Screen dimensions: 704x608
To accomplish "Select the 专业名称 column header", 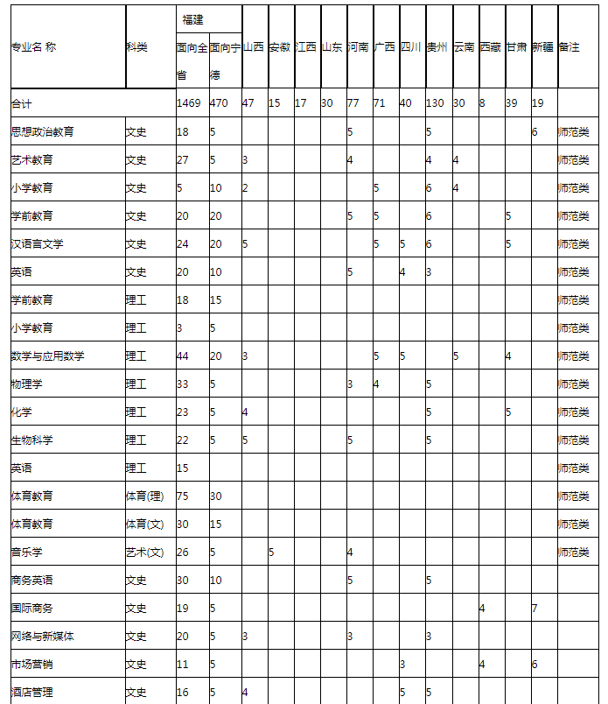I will pos(33,47).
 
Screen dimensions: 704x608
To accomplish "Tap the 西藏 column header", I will pos(491,47).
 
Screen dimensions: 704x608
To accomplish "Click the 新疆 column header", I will pos(543,47).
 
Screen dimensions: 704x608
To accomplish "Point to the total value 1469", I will pos(189,103).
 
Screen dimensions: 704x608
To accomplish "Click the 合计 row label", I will pos(21,103).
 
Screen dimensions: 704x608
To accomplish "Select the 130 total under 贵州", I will pos(435,103).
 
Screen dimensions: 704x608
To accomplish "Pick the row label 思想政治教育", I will pos(42,131).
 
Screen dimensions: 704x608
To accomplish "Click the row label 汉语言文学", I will pos(37,243).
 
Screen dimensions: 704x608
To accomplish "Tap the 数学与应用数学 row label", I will pos(47,356).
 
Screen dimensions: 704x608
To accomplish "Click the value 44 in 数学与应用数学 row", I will pos(183,356).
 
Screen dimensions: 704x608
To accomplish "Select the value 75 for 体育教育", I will pos(183,496).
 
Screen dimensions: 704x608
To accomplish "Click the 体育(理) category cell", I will pos(144,496).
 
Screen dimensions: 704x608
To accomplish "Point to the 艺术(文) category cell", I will pos(144,552).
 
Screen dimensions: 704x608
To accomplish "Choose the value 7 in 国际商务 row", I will pos(535,608).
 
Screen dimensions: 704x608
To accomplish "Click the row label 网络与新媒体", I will pos(42,636).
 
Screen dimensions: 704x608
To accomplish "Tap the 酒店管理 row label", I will pos(31,692).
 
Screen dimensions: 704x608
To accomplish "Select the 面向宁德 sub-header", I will pos(225,60).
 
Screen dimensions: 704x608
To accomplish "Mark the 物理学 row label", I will pos(26,384).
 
